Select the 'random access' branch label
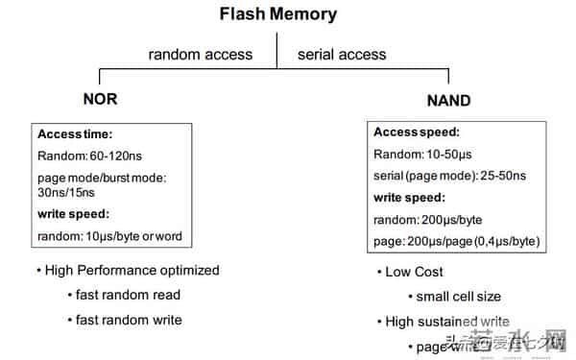[x=201, y=54]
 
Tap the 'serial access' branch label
[x=342, y=54]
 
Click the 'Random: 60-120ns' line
[x=92, y=156]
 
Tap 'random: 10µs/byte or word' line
[x=109, y=236]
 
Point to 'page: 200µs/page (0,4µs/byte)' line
[x=456, y=241]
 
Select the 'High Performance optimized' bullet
[x=132, y=270]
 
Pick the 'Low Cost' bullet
[x=415, y=272]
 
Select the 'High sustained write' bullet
[x=447, y=322]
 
